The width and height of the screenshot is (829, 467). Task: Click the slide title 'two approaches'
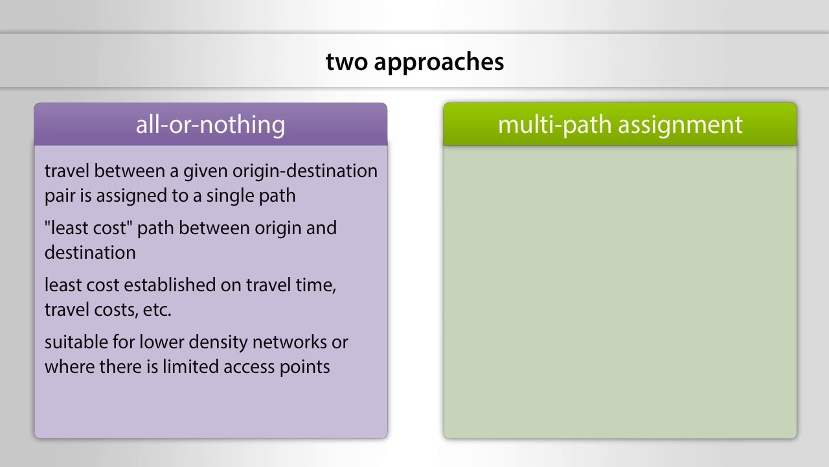pos(414,62)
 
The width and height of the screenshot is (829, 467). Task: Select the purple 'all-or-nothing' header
pos(210,124)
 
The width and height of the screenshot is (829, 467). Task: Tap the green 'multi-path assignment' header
pos(620,124)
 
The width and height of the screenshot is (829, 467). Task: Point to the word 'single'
pos(225,196)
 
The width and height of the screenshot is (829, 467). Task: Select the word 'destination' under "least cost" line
pos(90,253)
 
